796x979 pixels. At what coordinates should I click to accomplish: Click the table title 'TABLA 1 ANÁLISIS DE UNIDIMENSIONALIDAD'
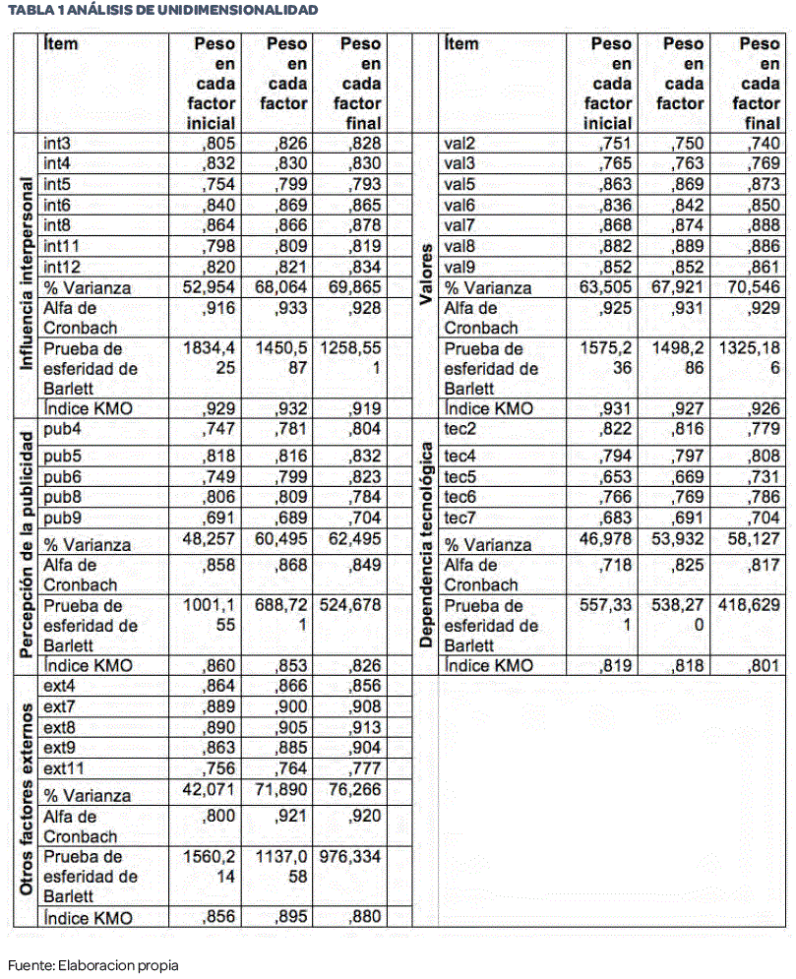(162, 10)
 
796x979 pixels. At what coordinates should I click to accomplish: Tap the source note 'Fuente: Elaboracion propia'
(93, 964)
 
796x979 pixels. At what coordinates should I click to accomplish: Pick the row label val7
(459, 225)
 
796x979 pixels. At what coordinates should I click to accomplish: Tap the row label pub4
(61, 428)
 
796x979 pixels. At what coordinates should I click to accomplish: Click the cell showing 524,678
(349, 606)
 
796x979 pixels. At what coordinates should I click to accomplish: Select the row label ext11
(65, 768)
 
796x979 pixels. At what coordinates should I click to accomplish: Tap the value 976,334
(349, 857)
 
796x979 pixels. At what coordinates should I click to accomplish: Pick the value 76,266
(355, 792)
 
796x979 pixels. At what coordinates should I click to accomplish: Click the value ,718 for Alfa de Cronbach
(616, 564)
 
